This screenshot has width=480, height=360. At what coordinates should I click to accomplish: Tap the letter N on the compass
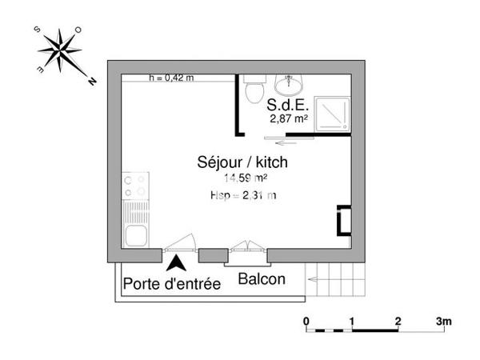(92, 81)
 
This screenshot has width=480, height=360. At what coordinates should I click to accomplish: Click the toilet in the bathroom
(255, 90)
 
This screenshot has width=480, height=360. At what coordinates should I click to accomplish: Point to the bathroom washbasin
(286, 83)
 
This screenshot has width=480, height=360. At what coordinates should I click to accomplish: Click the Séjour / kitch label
(242, 162)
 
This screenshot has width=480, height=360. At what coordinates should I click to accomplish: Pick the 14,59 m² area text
(245, 178)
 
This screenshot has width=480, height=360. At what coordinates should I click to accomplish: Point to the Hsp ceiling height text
(242, 196)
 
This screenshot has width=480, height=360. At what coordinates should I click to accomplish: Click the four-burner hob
(135, 186)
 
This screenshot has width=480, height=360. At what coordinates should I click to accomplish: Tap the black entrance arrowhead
(178, 262)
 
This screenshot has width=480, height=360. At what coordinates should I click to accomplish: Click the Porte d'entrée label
(171, 284)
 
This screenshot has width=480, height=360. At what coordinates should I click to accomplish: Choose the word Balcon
(261, 278)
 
